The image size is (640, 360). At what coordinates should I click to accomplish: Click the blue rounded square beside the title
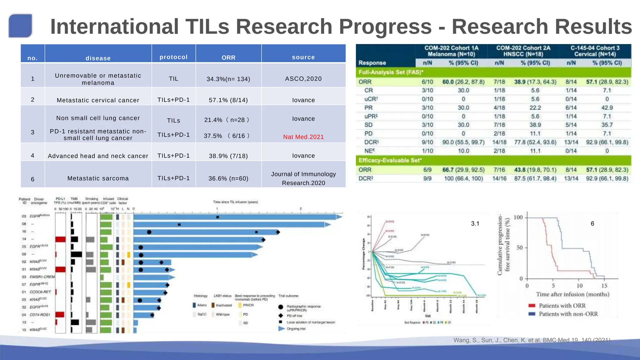[x=21, y=26]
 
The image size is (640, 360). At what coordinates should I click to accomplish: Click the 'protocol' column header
[x=173, y=57]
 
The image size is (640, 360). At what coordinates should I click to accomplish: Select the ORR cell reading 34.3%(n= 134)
[x=228, y=79]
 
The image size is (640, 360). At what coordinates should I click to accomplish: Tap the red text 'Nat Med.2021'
[x=303, y=137]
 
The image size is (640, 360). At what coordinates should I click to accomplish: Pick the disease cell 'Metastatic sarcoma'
[x=98, y=178]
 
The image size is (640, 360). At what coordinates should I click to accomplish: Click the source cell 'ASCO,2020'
[x=303, y=79]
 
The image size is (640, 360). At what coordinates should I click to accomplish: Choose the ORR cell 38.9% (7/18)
[x=228, y=156]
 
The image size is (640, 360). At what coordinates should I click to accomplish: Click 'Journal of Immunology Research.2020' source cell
[x=303, y=178]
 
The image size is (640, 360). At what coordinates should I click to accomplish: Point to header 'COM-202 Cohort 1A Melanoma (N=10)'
[x=451, y=51]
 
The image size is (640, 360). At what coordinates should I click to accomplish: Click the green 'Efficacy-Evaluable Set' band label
[x=390, y=160]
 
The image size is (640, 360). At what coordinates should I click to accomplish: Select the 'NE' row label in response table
[x=369, y=151]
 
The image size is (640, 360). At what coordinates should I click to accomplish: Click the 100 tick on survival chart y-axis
[x=518, y=217]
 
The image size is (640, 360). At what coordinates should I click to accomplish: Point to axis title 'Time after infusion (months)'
[x=572, y=294]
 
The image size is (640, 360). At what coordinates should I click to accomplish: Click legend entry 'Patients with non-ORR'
[x=568, y=314]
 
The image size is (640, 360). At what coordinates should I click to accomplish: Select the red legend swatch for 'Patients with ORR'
[x=532, y=306]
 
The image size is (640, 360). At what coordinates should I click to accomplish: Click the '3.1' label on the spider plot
[x=475, y=223]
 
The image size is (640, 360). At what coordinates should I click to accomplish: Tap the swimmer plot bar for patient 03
[x=234, y=217]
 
